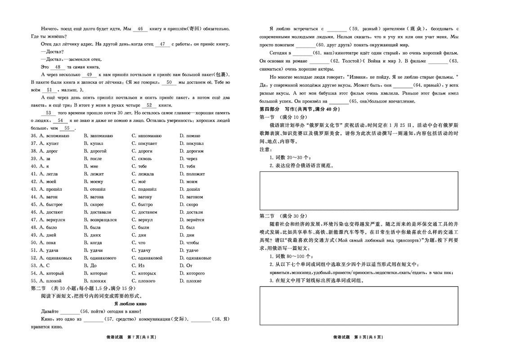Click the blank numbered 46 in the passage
139,29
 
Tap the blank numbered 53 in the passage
49,113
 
